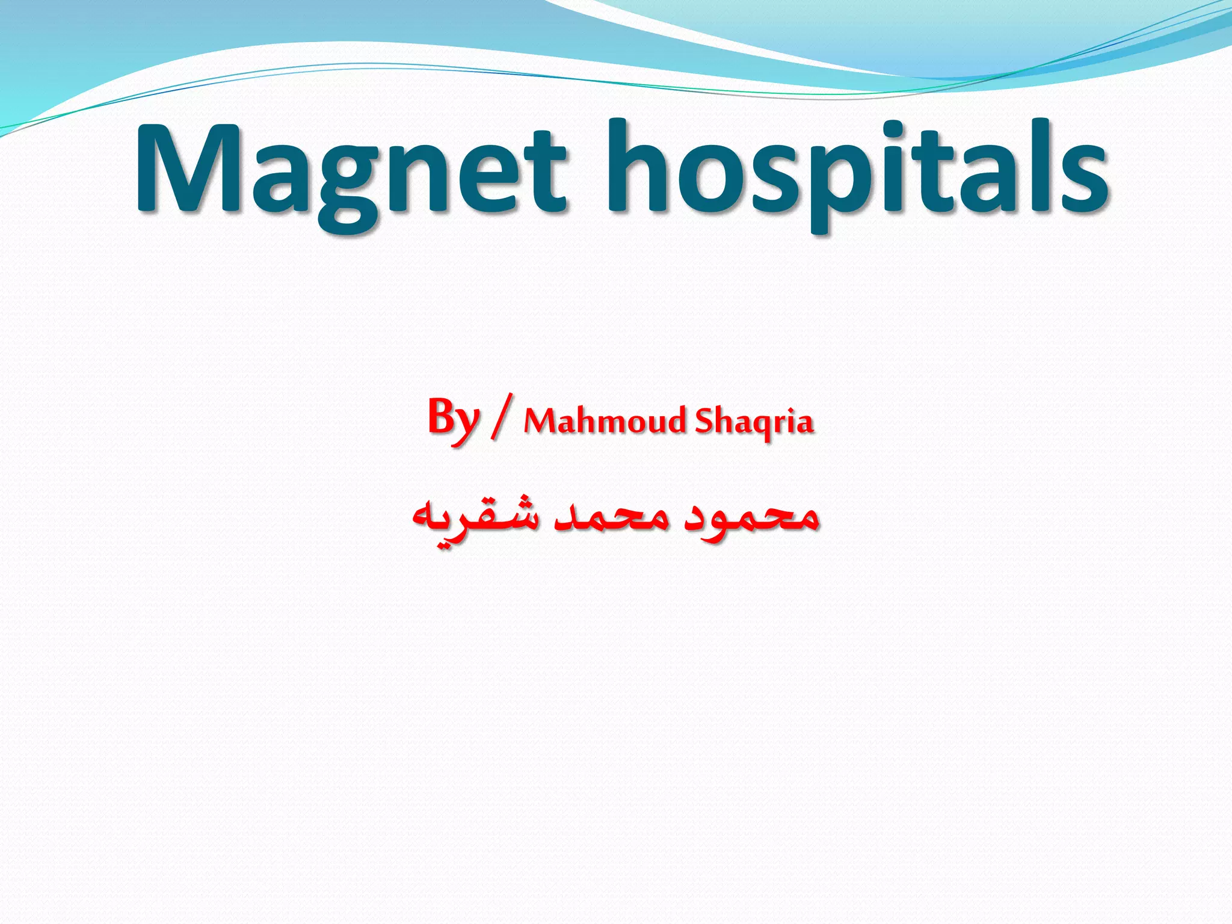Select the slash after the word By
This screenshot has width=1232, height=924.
[502, 416]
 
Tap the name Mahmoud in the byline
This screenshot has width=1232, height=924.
[604, 421]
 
